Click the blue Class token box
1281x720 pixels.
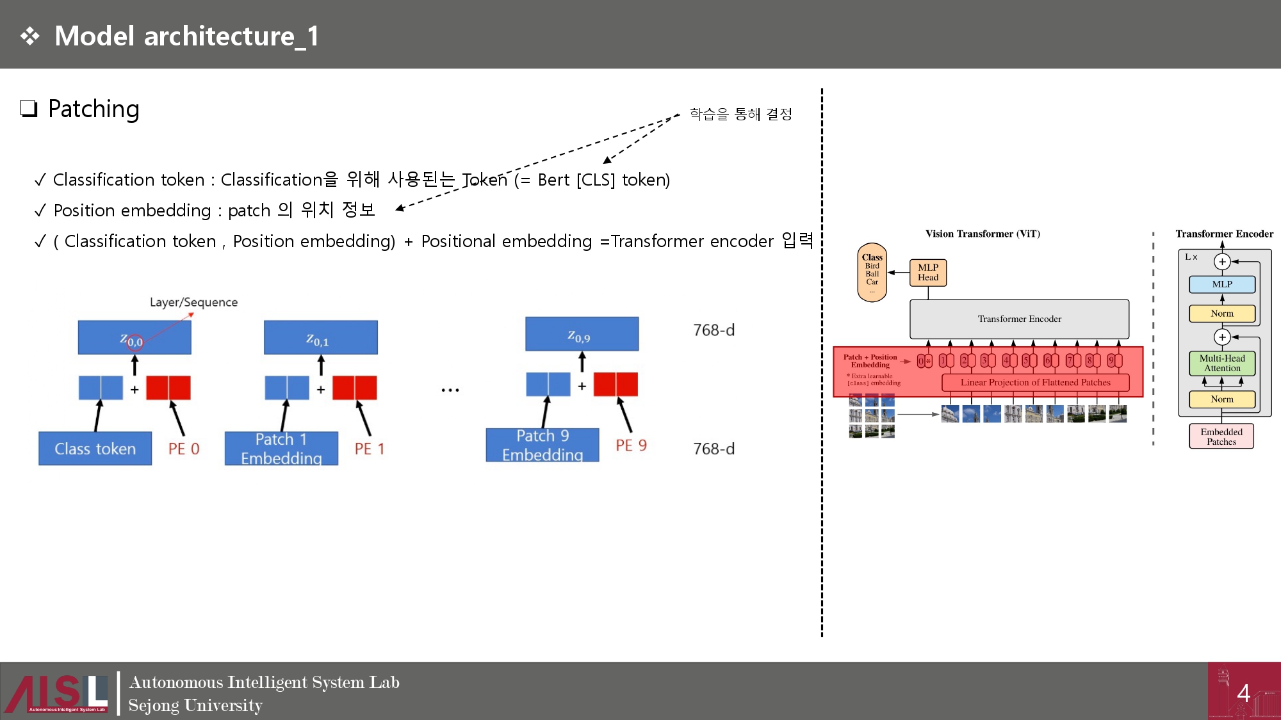pos(95,449)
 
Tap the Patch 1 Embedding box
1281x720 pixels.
pos(281,449)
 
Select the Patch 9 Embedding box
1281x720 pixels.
pos(543,445)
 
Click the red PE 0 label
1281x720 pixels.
pos(184,449)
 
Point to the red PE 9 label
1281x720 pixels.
pos(631,446)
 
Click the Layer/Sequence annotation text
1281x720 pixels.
pos(193,302)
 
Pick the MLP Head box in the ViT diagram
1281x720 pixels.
pos(927,273)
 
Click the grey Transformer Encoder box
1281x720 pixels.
pos(1019,319)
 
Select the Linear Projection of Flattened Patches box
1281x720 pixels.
pos(1035,383)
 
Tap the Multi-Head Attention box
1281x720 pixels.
pos(1221,364)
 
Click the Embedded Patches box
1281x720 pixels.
pos(1221,436)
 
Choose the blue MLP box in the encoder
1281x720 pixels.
pos(1221,284)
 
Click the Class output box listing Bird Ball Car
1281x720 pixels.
pos(872,273)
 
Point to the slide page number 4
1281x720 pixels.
pos(1243,693)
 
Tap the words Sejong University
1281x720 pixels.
pos(195,705)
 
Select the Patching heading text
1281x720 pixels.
pos(94,109)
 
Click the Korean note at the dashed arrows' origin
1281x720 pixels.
pos(740,115)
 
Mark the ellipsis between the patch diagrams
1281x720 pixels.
pos(450,390)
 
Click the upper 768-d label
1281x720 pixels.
pos(714,330)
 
